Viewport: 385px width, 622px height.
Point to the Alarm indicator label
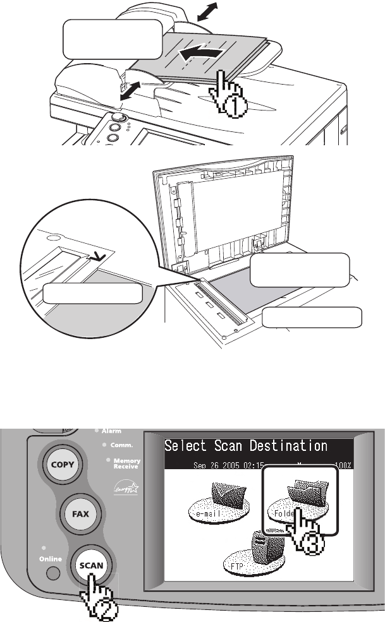[111, 431]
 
